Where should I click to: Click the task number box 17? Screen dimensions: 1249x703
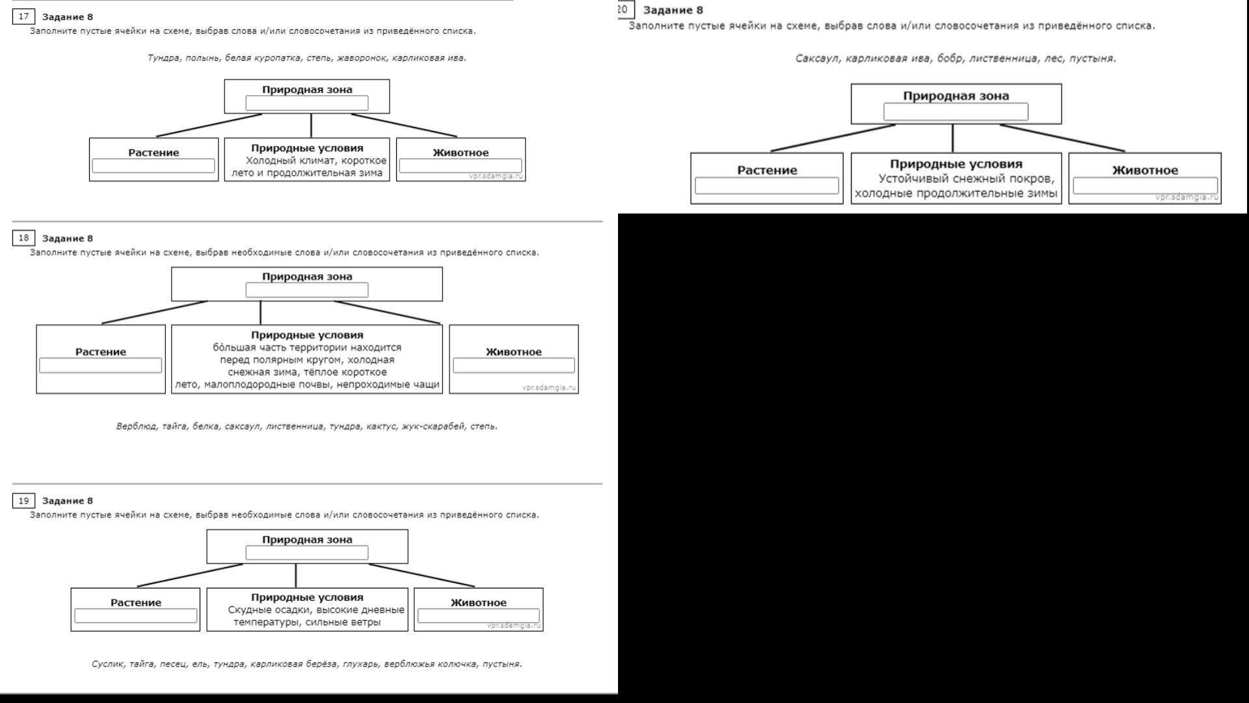pos(23,16)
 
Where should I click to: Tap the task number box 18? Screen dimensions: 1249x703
pos(23,238)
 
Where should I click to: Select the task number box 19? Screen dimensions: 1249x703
pos(23,501)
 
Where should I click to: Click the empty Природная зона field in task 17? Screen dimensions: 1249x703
pos(307,103)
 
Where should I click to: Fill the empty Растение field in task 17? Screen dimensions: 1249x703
pos(154,166)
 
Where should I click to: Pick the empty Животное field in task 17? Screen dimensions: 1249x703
pos(461,166)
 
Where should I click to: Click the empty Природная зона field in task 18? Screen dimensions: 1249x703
pos(307,290)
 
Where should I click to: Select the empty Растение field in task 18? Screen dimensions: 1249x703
pos(101,365)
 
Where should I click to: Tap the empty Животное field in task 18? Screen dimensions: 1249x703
pos(514,365)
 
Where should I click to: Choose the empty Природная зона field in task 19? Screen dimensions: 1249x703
pos(307,553)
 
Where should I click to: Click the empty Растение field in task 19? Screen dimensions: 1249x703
pos(136,616)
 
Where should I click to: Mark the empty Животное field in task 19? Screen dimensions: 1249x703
pos(479,616)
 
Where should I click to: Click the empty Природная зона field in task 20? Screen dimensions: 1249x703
pos(956,112)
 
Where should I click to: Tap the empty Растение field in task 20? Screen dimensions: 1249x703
pos(767,186)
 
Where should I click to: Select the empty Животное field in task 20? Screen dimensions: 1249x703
pos(1146,186)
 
